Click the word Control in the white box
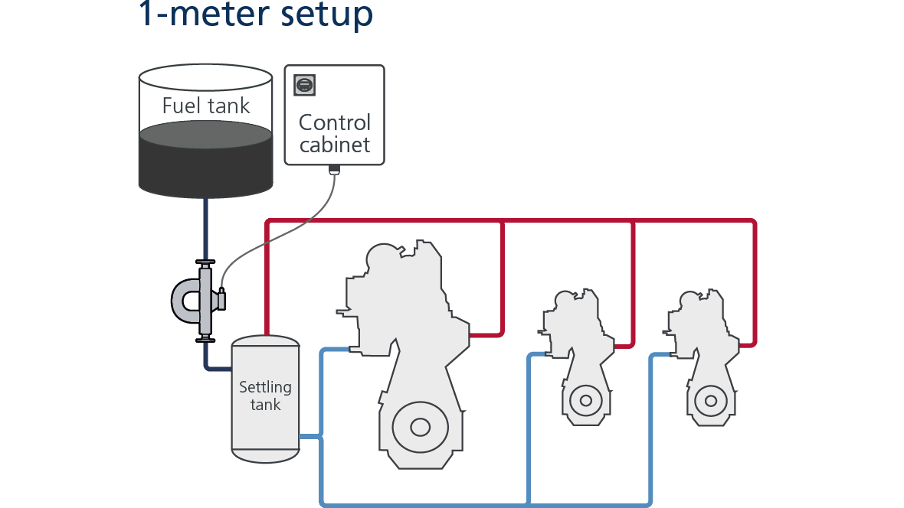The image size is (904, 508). point(334,122)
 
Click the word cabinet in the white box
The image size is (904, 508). point(334,145)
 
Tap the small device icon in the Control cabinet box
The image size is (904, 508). point(304,85)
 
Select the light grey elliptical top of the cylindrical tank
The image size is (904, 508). point(205,135)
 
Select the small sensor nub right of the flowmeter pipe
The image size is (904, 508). point(221,300)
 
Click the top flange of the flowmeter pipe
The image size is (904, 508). point(205,264)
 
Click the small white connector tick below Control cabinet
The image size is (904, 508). point(333,174)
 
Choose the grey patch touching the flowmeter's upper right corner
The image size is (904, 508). point(237,256)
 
